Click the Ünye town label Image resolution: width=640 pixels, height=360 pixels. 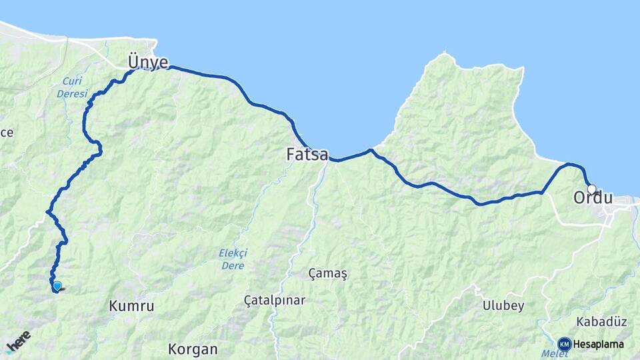(x=148, y=62)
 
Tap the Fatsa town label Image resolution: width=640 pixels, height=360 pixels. (x=307, y=155)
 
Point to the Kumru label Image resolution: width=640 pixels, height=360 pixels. (x=131, y=307)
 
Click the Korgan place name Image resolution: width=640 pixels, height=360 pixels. (x=193, y=349)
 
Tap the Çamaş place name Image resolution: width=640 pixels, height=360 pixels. (x=328, y=273)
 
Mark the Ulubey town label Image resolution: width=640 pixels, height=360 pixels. (x=503, y=306)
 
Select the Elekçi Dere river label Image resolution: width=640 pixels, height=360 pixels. (x=233, y=259)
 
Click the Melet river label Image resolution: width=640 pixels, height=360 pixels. (x=550, y=354)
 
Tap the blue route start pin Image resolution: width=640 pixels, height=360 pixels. (x=57, y=286)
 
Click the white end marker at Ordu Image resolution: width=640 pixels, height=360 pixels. (x=591, y=189)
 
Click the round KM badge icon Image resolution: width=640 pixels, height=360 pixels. (x=565, y=344)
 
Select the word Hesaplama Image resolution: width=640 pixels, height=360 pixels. (x=599, y=344)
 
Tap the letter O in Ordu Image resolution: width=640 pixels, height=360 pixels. (x=579, y=198)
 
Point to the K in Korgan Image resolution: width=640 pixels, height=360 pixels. (x=173, y=349)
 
